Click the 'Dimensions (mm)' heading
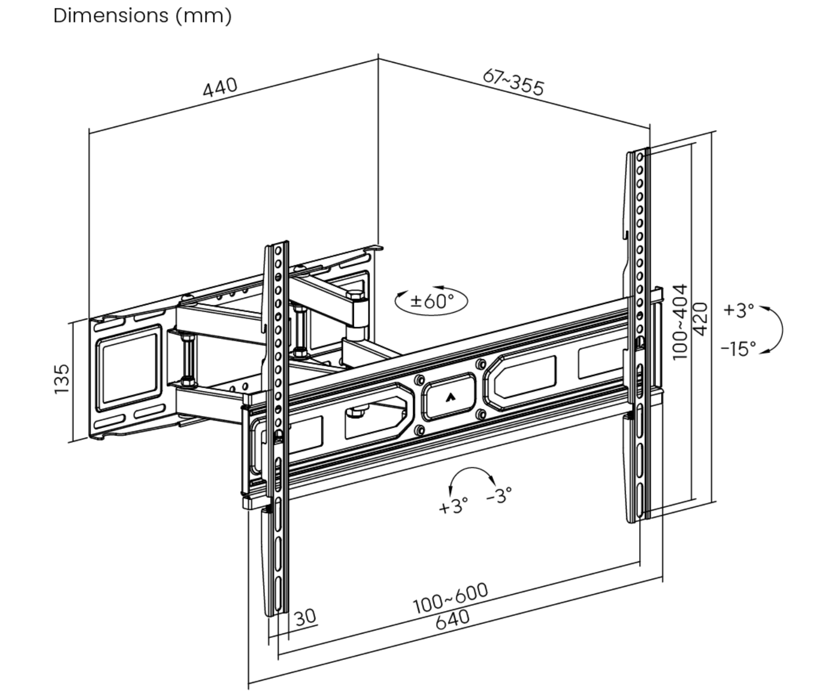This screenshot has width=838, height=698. point(142,16)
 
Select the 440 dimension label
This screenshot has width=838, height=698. point(220,87)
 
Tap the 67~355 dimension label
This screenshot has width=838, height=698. point(513,82)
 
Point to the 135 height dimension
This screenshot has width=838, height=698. point(62,379)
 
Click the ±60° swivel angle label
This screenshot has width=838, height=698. point(432,301)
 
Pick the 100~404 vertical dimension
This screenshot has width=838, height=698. point(680,321)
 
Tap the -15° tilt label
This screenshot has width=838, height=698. point(739,348)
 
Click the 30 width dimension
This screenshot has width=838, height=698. point(305,617)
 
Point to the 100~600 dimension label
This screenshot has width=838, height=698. point(451,598)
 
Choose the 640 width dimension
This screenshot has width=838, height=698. point(453,619)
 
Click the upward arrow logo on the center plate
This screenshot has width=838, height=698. point(450,397)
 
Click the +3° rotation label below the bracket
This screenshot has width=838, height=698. point(453,506)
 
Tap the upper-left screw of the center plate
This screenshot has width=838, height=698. point(419,380)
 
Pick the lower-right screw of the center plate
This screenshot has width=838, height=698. point(481,414)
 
